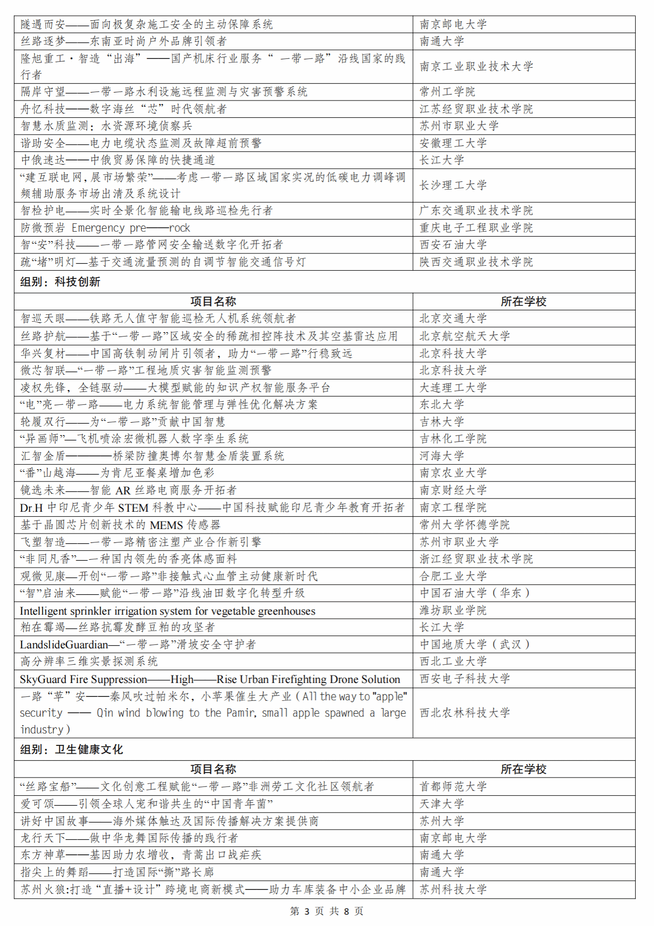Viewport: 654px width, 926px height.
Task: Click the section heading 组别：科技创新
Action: click(x=60, y=282)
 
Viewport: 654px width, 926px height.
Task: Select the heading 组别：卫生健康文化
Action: click(x=72, y=749)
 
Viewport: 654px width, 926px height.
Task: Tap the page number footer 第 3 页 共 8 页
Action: click(x=327, y=911)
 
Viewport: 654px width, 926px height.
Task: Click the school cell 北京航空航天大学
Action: click(x=465, y=336)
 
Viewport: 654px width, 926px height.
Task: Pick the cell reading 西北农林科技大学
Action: click(x=465, y=713)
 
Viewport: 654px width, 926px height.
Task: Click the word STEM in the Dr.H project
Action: click(x=133, y=508)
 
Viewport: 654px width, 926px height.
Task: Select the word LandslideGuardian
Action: click(x=64, y=644)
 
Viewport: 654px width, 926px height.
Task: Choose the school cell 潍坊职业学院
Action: click(x=453, y=610)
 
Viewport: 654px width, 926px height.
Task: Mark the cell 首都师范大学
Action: click(x=453, y=786)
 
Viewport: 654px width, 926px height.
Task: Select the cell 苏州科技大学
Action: click(x=453, y=889)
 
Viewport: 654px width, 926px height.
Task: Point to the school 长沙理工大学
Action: click(x=453, y=185)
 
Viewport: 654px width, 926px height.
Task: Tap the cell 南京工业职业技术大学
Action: click(x=476, y=66)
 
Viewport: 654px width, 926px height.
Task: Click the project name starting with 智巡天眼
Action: click(x=158, y=318)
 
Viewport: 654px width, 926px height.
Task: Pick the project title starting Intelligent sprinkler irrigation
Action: click(x=167, y=611)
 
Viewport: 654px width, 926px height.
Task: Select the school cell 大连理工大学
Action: click(x=453, y=388)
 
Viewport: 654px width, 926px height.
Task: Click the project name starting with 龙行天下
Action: click(x=129, y=838)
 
